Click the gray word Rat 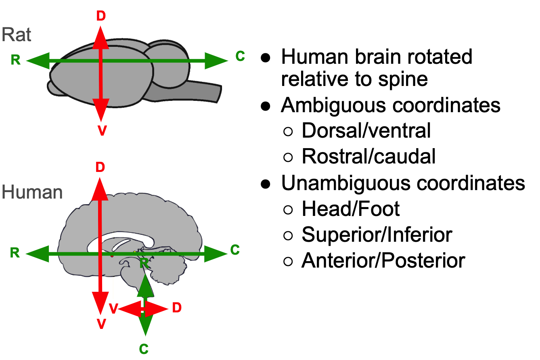(17, 35)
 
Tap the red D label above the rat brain (100, 15)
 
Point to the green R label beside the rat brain (15, 60)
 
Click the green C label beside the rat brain (240, 57)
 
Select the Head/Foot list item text (351, 209)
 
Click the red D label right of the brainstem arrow (177, 308)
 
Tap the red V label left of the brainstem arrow (113, 309)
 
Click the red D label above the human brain (100, 167)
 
